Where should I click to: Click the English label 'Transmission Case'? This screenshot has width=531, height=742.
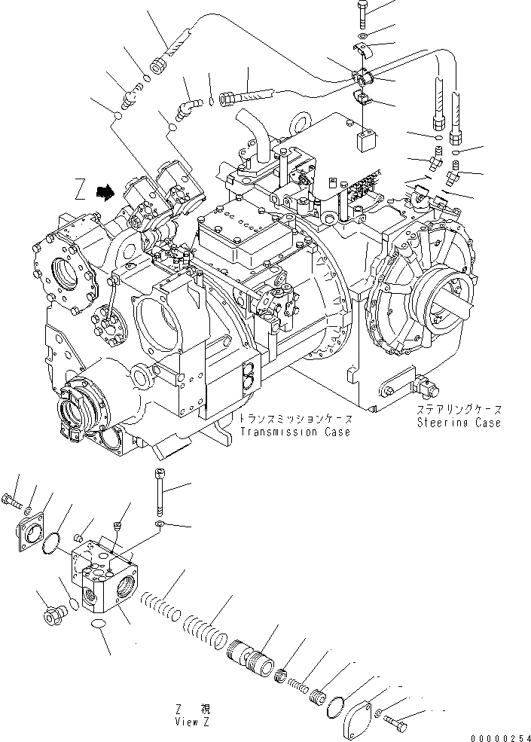295,432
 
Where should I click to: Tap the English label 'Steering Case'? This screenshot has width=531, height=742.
459,423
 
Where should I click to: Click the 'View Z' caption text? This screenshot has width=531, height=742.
191,721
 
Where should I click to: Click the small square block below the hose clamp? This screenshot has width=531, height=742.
367,139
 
